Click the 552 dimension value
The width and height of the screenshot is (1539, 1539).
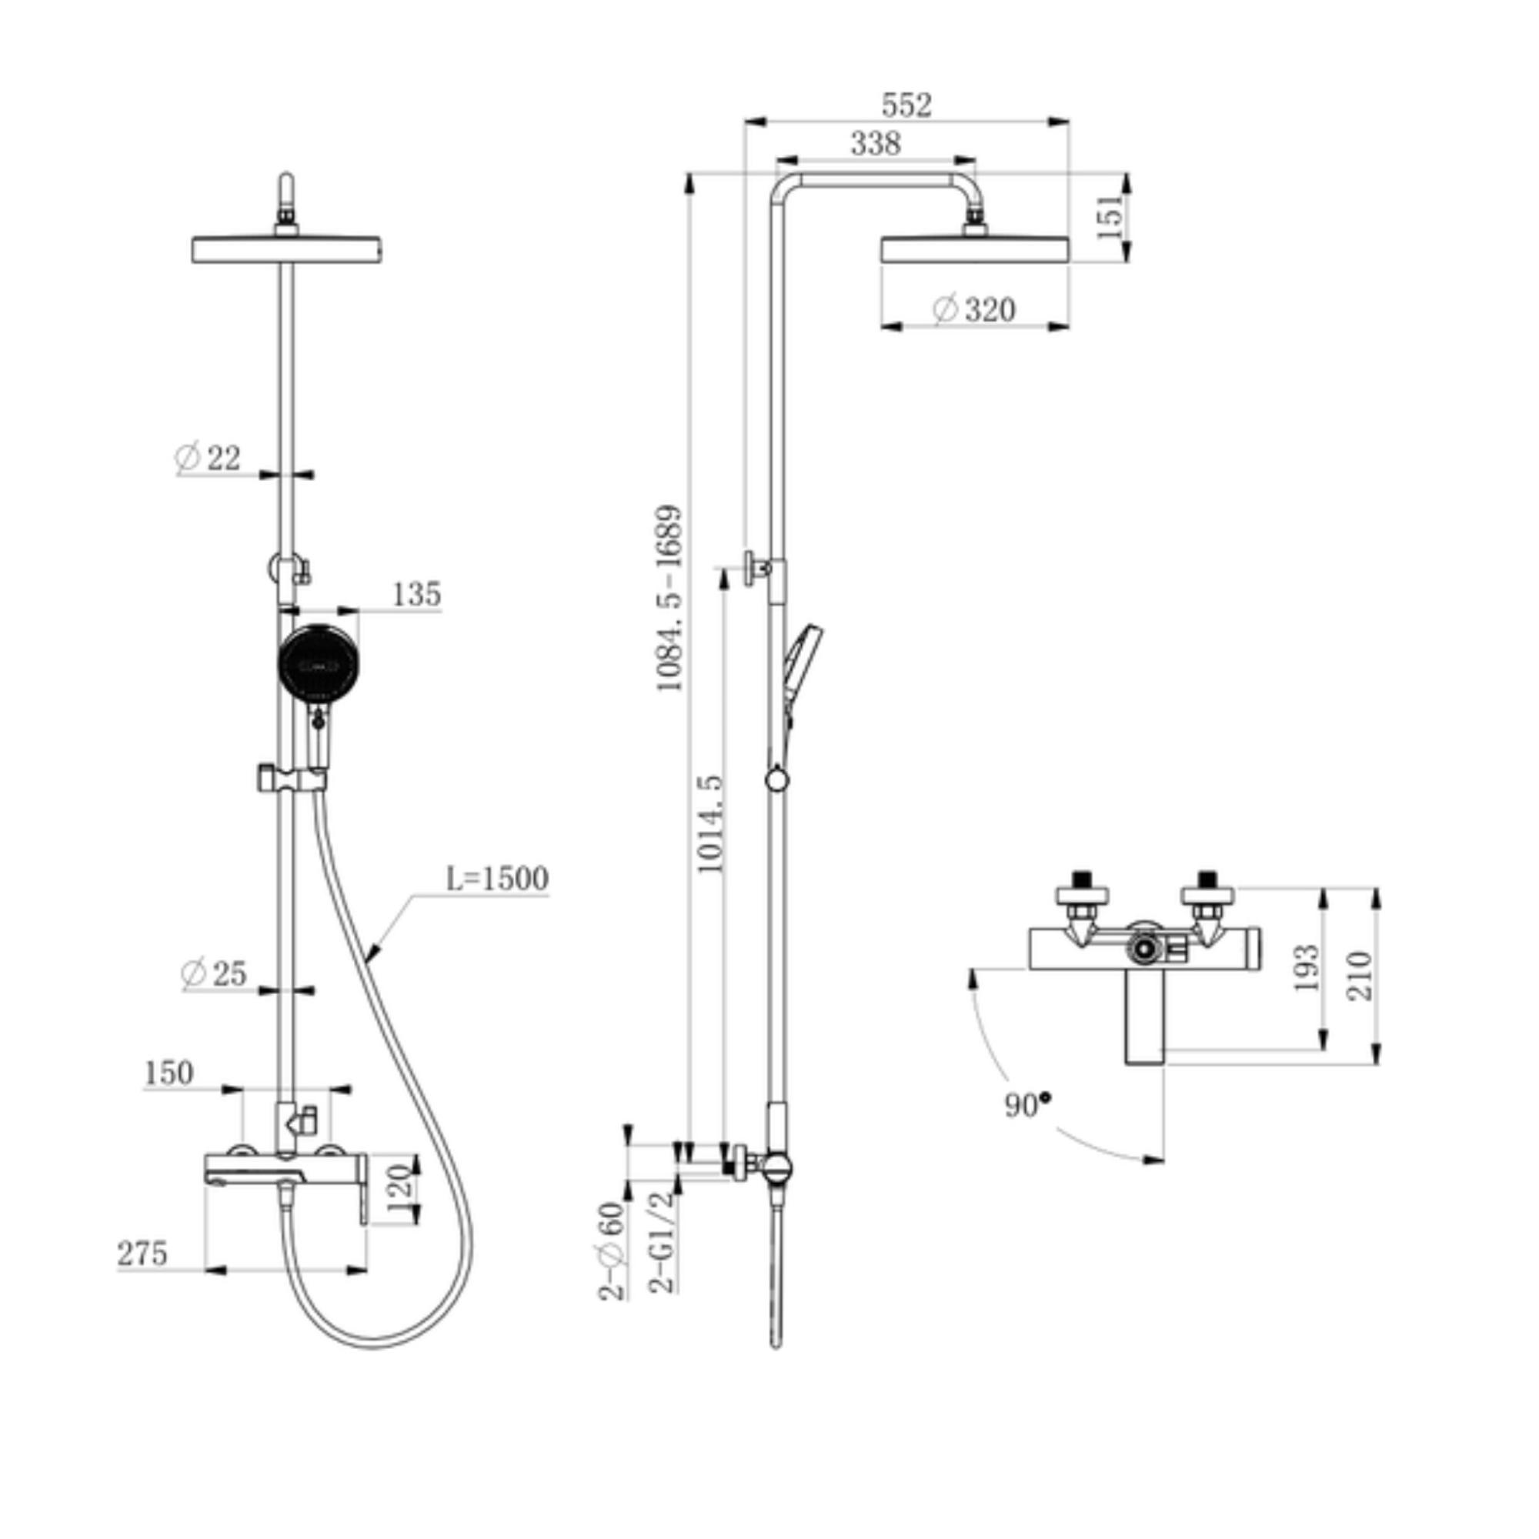[906, 105]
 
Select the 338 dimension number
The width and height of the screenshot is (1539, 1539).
[876, 143]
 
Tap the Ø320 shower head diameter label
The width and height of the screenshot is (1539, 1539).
[974, 309]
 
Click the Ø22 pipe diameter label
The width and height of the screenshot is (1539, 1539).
[207, 458]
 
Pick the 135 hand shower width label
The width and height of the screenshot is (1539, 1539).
[416, 594]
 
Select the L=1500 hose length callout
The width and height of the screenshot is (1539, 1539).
[497, 879]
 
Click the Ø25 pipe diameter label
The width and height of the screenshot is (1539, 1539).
[214, 973]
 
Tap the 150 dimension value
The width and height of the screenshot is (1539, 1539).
[169, 1073]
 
